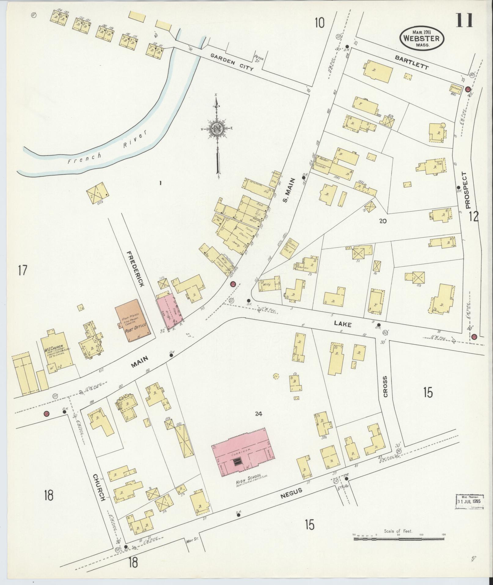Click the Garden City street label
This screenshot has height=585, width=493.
pyautogui.click(x=232, y=62)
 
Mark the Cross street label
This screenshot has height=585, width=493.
pyautogui.click(x=385, y=387)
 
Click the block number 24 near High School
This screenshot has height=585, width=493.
pyautogui.click(x=259, y=414)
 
